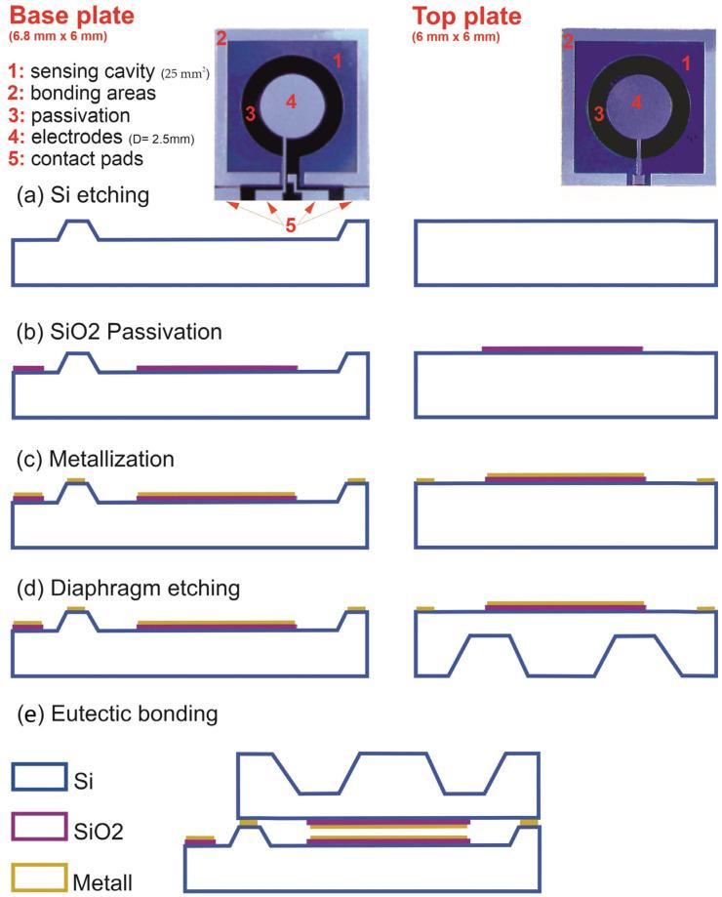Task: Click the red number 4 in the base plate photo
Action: click(291, 102)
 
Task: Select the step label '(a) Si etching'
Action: click(83, 195)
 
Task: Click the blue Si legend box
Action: click(39, 777)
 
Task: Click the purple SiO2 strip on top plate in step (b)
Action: click(563, 347)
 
